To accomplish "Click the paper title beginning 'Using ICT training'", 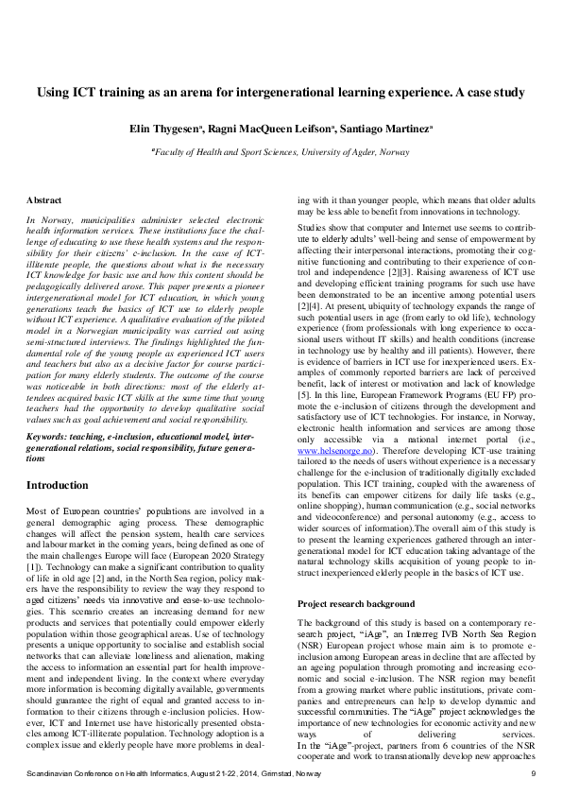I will (x=281, y=93).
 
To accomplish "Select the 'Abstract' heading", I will (x=43, y=200).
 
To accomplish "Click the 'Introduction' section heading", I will (x=58, y=485).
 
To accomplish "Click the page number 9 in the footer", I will (x=533, y=774).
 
